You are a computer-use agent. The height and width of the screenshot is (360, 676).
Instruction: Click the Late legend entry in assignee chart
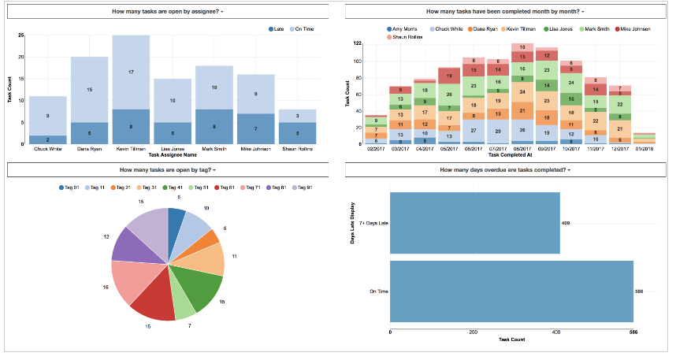pos(276,28)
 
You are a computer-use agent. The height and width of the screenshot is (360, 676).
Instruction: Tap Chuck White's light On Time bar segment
pos(47,116)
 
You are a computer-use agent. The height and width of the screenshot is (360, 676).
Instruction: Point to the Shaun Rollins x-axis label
pos(298,148)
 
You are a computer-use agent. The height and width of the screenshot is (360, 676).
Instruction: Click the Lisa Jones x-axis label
pos(173,148)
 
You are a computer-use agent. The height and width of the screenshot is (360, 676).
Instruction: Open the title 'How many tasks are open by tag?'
pos(167,169)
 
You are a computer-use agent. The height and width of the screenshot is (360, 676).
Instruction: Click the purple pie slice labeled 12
pos(126,245)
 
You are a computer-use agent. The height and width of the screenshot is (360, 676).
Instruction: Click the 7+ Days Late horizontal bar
pos(475,223)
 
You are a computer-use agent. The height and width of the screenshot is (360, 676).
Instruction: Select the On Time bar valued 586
pos(512,291)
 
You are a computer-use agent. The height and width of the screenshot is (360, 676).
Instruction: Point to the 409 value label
pos(566,223)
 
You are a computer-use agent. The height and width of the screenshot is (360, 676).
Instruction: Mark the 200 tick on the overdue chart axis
pos(473,332)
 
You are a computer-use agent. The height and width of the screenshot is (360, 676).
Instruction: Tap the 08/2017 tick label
pos(522,148)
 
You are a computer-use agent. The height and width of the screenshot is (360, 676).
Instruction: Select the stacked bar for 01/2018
pos(644,138)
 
